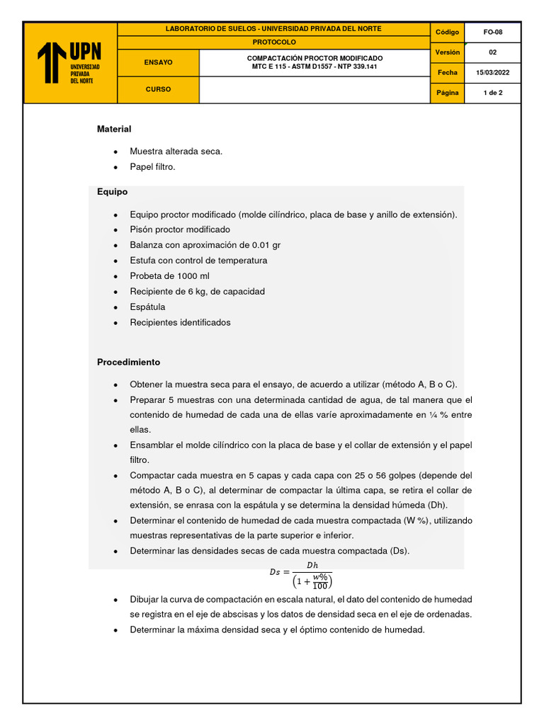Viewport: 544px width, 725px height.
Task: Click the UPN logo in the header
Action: coord(69,62)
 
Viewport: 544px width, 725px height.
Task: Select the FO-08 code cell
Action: coord(492,33)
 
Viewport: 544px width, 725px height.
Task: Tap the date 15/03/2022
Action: coord(492,73)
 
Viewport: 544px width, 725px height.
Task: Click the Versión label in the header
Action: coord(447,52)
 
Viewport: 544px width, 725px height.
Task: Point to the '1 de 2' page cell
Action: coord(492,93)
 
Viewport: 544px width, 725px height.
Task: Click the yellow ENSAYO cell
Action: coord(158,62)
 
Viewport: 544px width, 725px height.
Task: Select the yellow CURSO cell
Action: coord(158,90)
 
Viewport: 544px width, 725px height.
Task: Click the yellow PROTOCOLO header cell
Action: coord(273,42)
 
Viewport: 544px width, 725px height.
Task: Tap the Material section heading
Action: coord(114,129)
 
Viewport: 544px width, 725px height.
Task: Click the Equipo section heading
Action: coord(112,192)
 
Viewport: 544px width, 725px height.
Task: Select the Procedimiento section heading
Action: coord(128,362)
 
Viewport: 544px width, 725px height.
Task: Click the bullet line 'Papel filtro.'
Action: coord(152,167)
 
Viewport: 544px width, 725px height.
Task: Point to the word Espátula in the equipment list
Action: coord(147,307)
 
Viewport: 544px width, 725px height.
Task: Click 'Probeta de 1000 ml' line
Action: coord(169,276)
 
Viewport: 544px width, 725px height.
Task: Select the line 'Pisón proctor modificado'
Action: coord(180,229)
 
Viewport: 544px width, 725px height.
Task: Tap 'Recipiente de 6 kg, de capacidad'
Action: coord(197,292)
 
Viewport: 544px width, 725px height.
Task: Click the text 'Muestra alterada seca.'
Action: coord(176,152)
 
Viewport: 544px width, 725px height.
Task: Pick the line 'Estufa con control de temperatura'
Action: coord(198,261)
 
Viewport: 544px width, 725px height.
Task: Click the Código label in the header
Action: coord(447,33)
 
